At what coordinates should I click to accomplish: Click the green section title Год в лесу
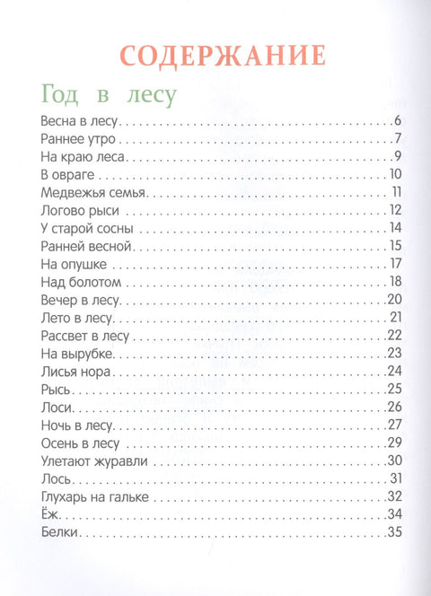click(x=107, y=93)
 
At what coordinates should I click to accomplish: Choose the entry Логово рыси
click(x=81, y=210)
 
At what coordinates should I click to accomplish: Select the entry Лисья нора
click(x=75, y=370)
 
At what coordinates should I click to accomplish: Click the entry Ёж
click(x=50, y=513)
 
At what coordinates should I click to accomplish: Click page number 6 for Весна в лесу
click(x=396, y=121)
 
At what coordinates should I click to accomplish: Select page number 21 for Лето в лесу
click(x=393, y=317)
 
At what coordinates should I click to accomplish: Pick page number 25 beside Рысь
click(x=393, y=389)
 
